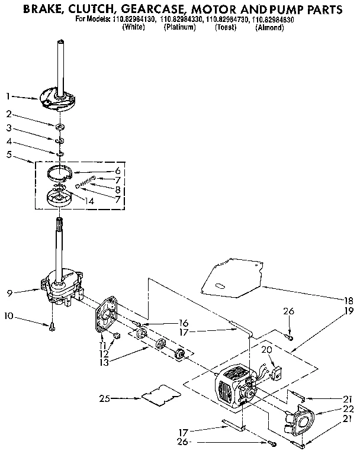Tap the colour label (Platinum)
click(179, 27)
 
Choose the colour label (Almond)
click(269, 27)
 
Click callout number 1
click(8, 95)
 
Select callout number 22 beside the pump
click(348, 409)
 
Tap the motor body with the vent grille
click(231, 388)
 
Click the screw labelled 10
click(52, 325)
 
